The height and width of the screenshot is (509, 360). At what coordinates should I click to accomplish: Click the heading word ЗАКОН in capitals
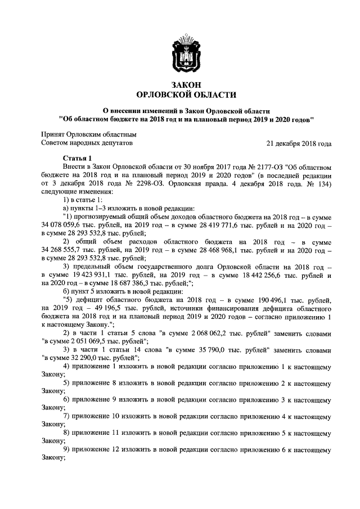(x=179, y=84)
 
